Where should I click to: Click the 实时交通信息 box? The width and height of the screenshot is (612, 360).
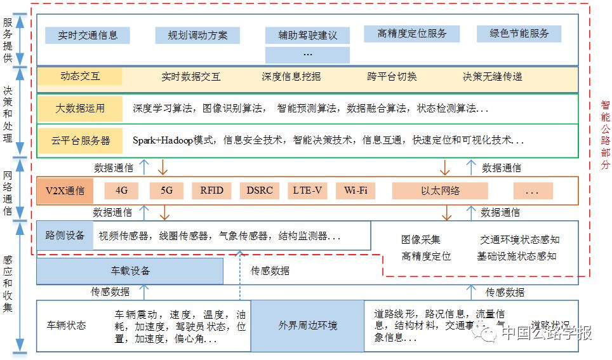pos(88,36)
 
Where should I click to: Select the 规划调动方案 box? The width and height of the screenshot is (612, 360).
pos(197,36)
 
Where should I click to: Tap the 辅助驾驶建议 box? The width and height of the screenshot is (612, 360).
pos(307,36)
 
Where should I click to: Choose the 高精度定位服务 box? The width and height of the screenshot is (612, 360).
pos(411,34)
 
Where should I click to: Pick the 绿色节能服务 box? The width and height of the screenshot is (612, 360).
pos(519,34)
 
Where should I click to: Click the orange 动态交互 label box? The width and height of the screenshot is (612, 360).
pos(80,76)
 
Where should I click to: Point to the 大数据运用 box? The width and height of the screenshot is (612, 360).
pos(80,109)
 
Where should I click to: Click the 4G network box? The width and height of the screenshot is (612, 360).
pos(121,190)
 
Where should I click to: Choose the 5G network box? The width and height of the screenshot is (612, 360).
pos(166,190)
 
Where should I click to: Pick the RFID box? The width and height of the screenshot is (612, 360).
pos(211,190)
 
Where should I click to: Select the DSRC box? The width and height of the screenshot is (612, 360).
pos(260,190)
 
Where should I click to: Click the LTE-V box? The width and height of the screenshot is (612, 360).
pos(307,190)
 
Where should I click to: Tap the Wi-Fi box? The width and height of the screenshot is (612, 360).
pos(356,190)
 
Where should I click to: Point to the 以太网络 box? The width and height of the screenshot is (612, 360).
pos(440,190)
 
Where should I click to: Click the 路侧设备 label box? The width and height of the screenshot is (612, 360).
pos(65,236)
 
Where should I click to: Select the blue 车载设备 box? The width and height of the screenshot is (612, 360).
pos(130,271)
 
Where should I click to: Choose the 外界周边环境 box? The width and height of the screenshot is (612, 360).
pos(307,326)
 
